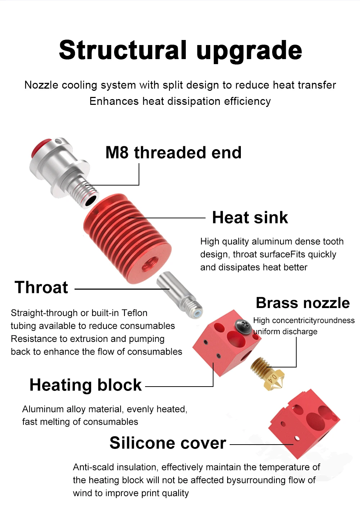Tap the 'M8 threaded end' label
(174, 153)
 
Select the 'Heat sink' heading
(250, 218)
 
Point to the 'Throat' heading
(41, 287)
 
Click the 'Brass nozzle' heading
(303, 303)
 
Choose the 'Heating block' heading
(85, 385)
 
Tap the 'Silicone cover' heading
(168, 443)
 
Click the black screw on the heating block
(243, 325)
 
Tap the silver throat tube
(179, 295)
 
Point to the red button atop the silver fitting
(41, 146)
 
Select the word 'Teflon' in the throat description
(134, 313)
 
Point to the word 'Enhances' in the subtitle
(114, 102)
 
